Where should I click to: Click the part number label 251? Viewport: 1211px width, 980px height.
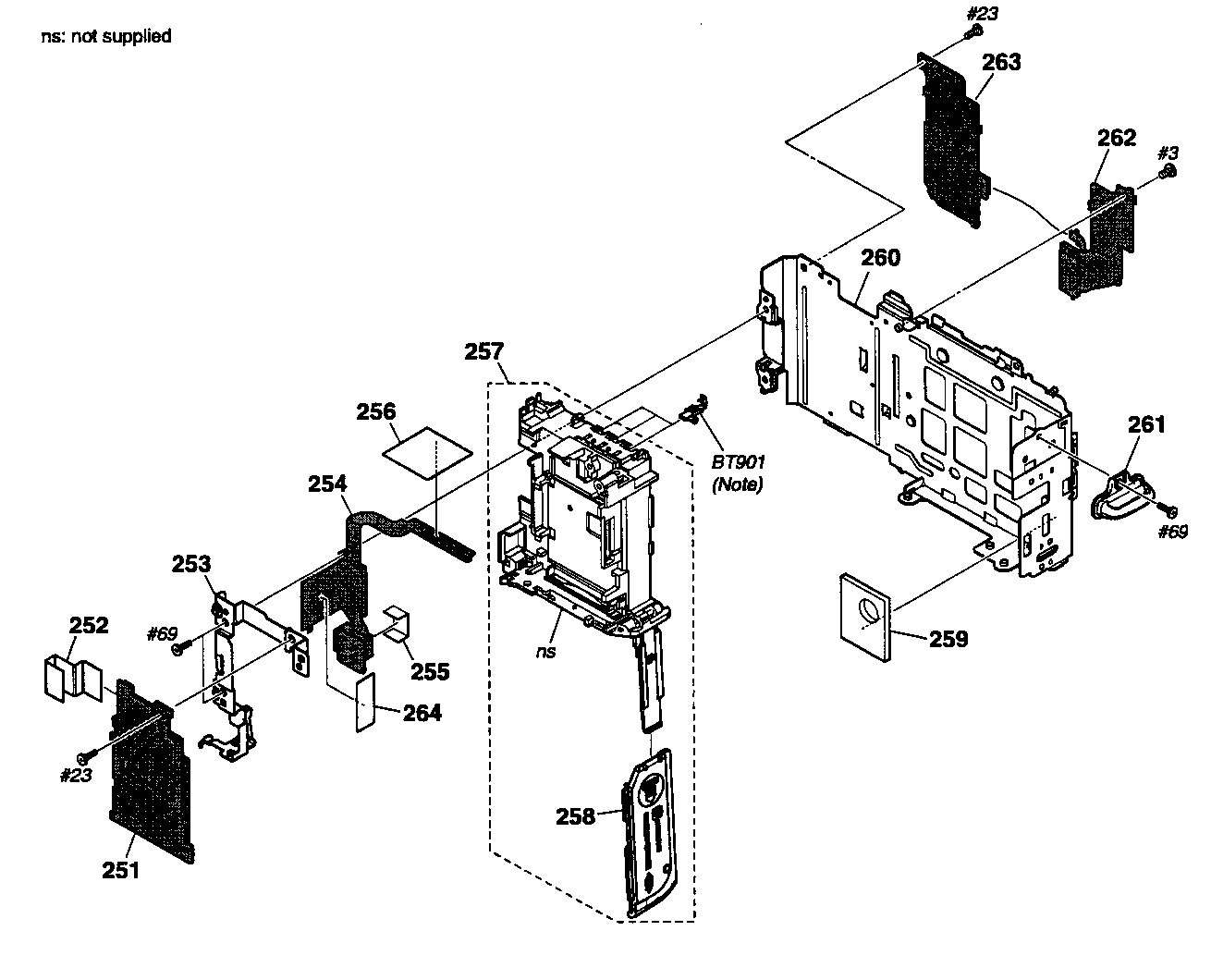[121, 870]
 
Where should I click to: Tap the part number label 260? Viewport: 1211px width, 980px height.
[880, 257]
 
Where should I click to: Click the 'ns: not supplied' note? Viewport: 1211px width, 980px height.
[105, 37]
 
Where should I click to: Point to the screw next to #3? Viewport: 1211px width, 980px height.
[1168, 173]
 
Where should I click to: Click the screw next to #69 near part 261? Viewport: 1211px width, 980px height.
[1170, 509]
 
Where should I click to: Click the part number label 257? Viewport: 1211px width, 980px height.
[484, 351]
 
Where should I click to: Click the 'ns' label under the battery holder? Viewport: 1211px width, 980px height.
[548, 650]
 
